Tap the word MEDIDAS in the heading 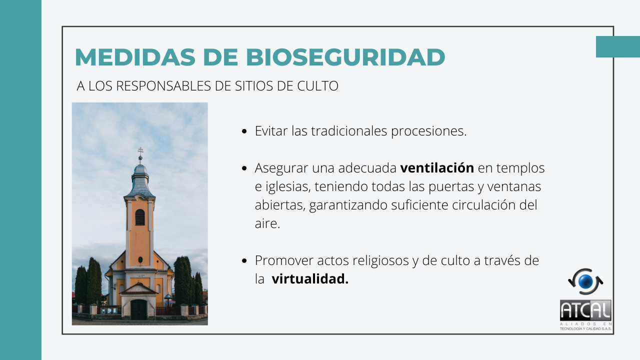[135, 57]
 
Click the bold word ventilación [437, 167]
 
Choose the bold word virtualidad [310, 279]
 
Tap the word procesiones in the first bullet [428, 131]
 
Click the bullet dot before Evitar [244, 131]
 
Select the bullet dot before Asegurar [244, 168]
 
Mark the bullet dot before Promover [244, 261]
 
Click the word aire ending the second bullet [267, 223]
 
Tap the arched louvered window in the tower [139, 217]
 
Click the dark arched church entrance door [138, 309]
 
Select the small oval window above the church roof [140, 260]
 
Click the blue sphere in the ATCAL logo [585, 281]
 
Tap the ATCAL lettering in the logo [585, 310]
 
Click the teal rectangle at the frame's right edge [618, 47]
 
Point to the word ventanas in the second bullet [514, 186]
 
